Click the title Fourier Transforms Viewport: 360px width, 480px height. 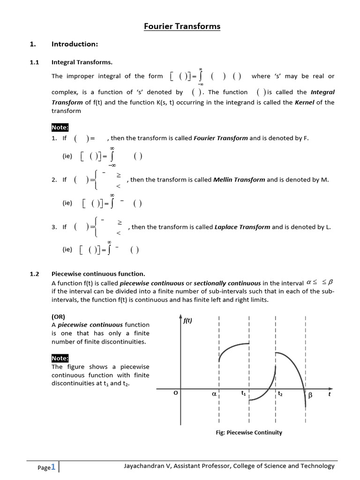(x=182, y=26)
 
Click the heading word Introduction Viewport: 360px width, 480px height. (x=75, y=44)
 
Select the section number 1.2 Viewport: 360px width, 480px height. (x=34, y=274)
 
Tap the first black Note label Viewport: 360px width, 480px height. (x=60, y=127)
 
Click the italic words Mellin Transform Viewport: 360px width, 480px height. (x=239, y=180)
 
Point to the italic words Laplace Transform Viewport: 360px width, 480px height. (x=242, y=227)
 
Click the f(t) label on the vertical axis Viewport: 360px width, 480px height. (x=187, y=321)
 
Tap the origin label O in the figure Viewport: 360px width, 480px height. (x=176, y=394)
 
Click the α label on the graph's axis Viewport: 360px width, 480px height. (x=214, y=395)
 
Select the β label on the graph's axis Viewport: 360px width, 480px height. (x=310, y=396)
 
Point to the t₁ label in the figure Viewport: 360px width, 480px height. (x=243, y=394)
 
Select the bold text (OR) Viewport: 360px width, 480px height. (x=59, y=316)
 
